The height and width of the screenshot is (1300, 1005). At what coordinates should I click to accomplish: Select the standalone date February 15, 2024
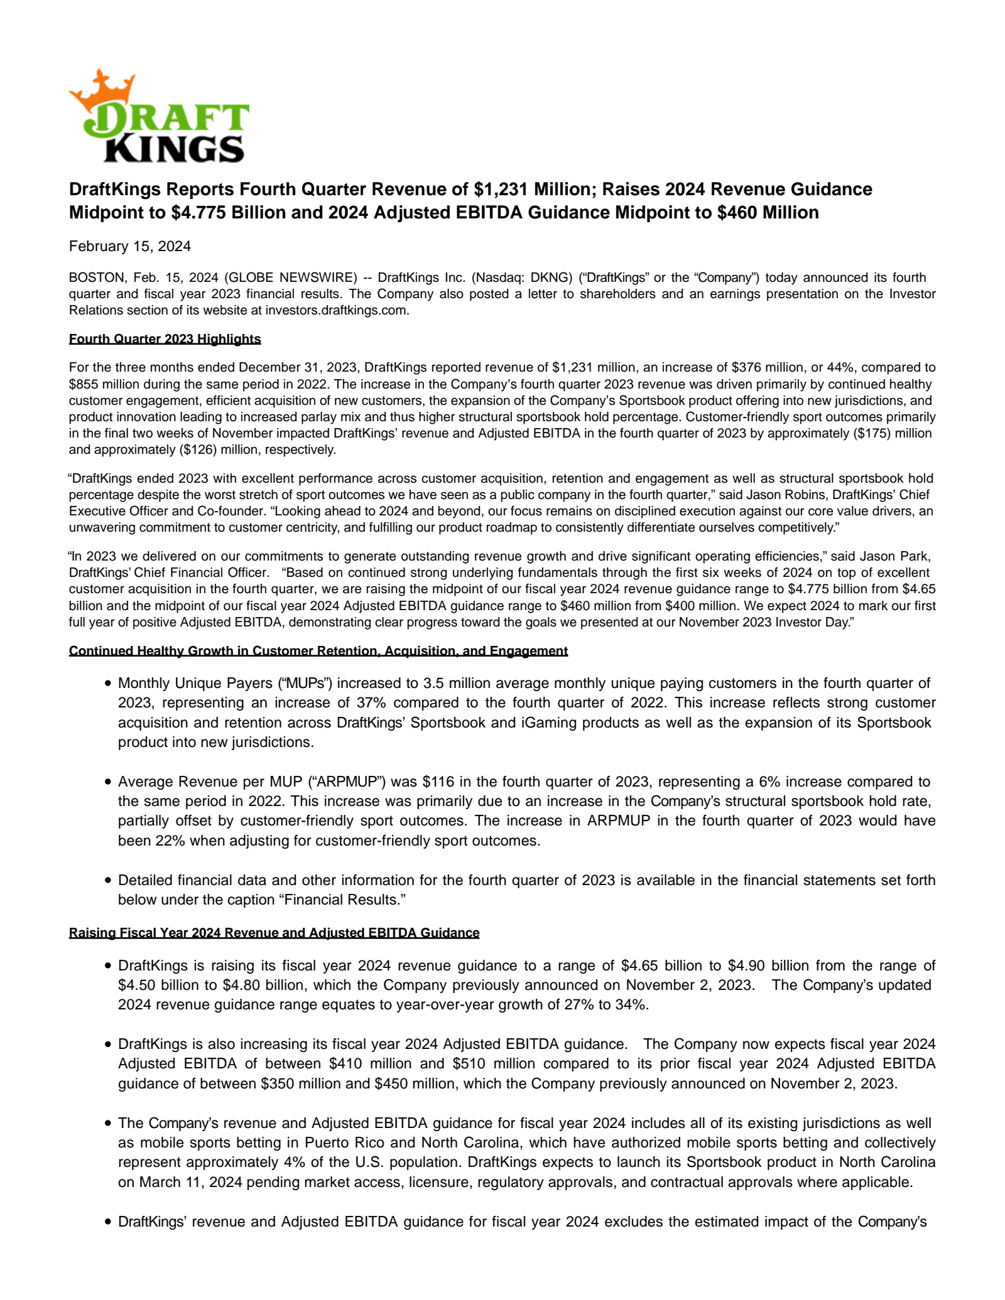coord(130,246)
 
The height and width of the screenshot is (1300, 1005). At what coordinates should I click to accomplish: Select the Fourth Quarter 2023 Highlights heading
coord(165,339)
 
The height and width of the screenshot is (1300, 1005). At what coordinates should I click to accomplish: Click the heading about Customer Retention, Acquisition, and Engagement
coord(318,651)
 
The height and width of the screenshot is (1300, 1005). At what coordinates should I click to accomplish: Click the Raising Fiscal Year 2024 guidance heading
coord(274,933)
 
